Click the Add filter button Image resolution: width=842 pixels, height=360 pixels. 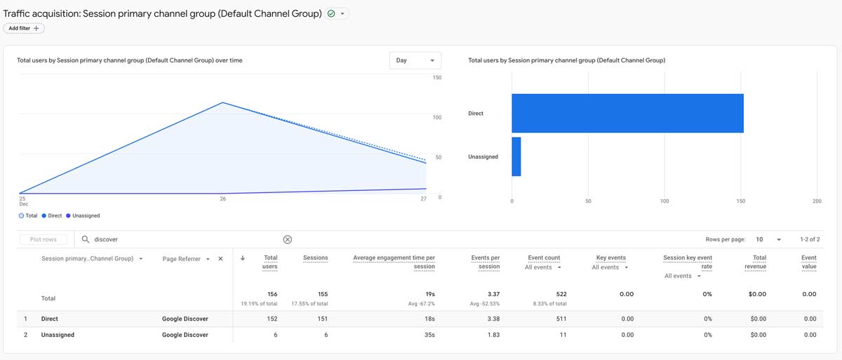(24, 28)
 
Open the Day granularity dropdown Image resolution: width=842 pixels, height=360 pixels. (415, 60)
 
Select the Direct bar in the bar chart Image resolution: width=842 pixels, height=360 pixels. (627, 113)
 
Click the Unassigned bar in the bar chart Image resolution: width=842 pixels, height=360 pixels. (516, 156)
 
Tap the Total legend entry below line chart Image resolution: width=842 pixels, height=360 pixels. (29, 215)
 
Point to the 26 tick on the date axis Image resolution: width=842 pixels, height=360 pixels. (222, 199)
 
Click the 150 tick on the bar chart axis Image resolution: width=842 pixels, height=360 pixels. (741, 201)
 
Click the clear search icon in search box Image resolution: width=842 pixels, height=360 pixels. (288, 239)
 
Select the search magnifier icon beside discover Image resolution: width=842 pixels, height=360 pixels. (86, 239)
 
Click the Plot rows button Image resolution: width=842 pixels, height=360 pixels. (44, 239)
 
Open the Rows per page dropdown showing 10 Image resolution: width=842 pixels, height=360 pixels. (768, 239)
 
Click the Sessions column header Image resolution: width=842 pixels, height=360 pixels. (315, 258)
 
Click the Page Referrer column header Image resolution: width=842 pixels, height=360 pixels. (181, 259)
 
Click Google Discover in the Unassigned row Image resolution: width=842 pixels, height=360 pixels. (185, 335)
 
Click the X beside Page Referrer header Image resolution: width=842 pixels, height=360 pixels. (220, 259)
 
